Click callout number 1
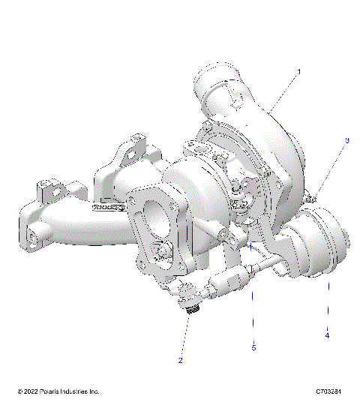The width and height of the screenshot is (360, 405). coord(298,72)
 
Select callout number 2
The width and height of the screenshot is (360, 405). coord(180,360)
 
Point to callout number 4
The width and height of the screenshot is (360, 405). coord(327,335)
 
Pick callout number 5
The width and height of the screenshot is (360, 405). coord(253,347)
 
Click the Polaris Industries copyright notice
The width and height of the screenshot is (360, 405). coord(58,392)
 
